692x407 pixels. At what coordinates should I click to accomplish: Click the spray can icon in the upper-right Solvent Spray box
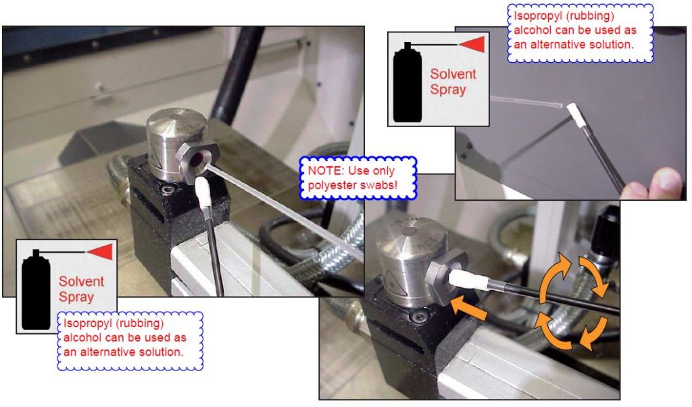(407, 84)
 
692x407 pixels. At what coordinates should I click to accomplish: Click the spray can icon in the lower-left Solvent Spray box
(36, 291)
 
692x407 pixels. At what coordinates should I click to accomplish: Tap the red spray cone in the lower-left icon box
(99, 252)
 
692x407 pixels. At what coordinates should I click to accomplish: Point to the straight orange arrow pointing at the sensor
(469, 308)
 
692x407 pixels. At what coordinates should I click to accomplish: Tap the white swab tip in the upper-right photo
(574, 114)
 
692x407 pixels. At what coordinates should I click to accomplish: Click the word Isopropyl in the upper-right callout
(533, 16)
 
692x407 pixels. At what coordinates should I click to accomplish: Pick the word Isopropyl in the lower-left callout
(83, 323)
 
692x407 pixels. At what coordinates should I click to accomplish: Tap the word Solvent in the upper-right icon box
(453, 74)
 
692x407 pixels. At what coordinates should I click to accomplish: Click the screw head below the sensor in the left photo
(168, 190)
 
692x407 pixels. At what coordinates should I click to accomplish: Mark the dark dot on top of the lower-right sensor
(412, 231)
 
